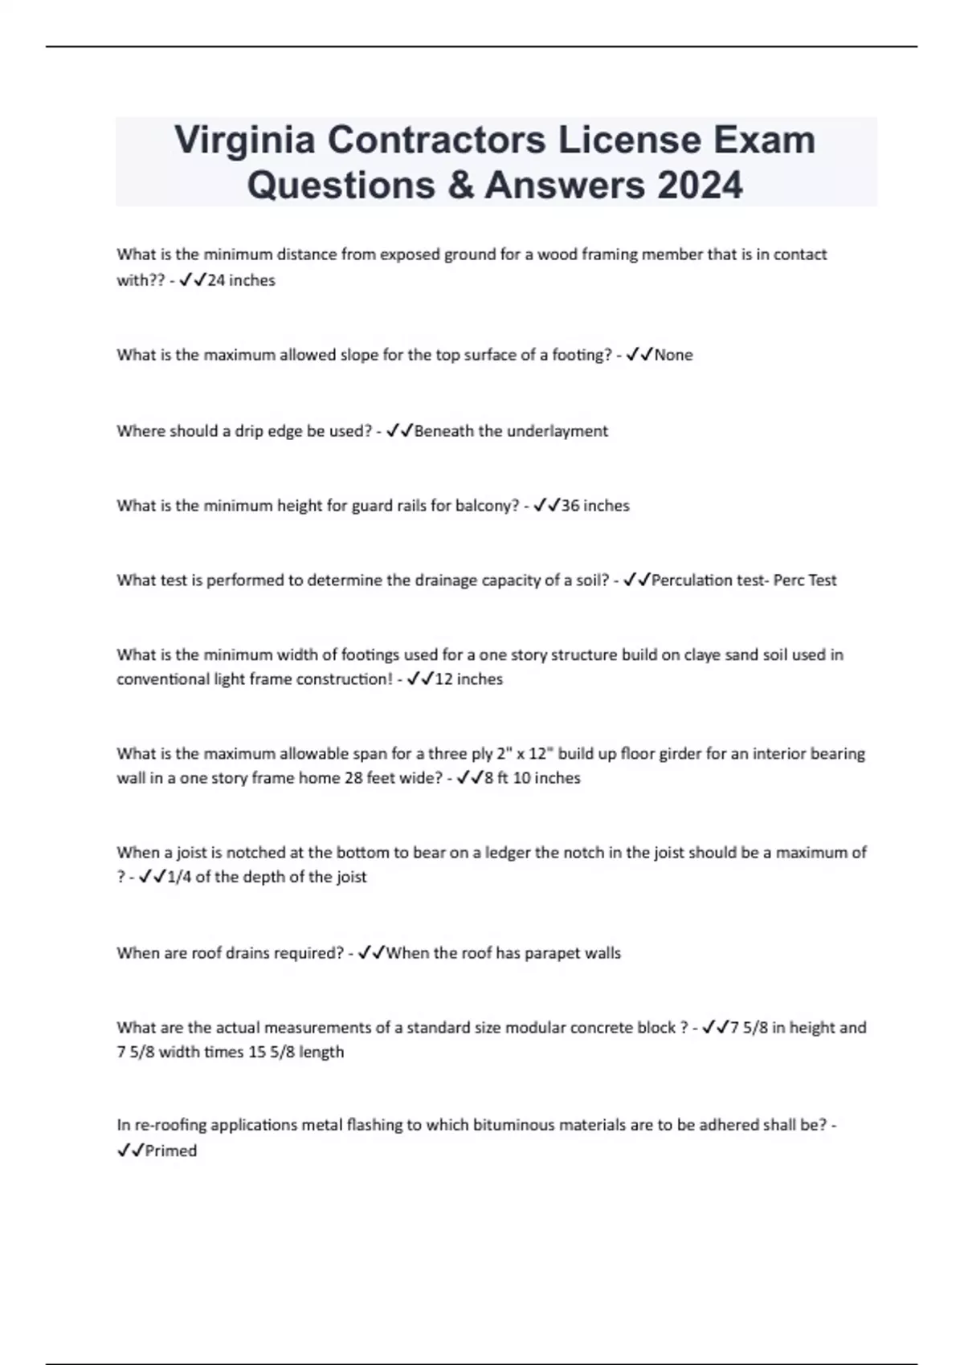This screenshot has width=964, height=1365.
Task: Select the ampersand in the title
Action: click(457, 185)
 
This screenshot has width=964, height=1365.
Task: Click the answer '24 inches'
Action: click(241, 280)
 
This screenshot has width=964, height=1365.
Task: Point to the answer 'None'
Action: click(673, 355)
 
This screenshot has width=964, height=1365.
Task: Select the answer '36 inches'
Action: click(594, 506)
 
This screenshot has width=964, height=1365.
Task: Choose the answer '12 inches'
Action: click(468, 679)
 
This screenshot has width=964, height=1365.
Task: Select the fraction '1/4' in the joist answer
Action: click(179, 877)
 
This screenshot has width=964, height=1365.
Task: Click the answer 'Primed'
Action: click(171, 1151)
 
